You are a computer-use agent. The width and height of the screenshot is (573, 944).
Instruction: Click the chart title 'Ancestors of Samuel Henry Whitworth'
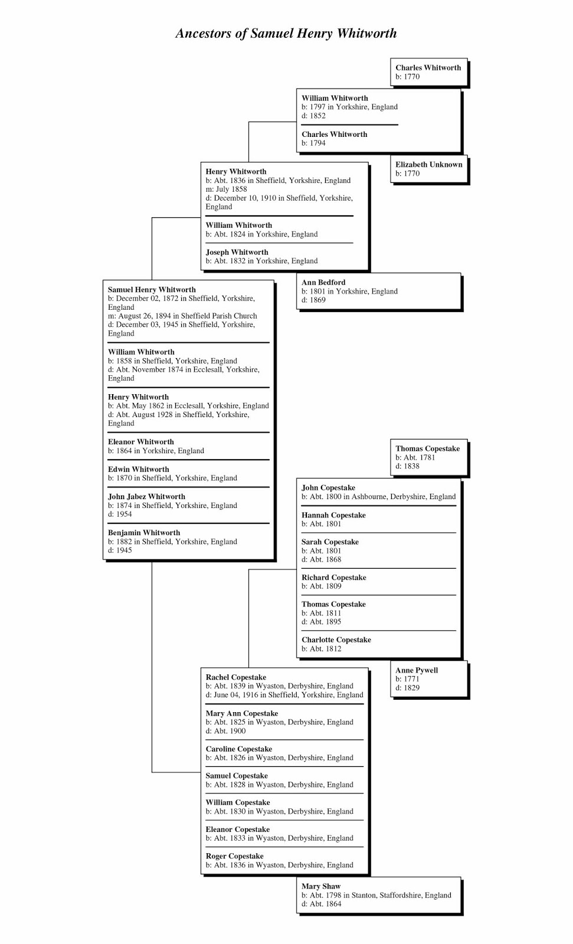click(x=286, y=33)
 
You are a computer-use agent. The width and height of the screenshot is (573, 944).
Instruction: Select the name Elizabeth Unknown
click(x=428, y=165)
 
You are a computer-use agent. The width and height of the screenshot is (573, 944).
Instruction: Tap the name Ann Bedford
click(x=323, y=283)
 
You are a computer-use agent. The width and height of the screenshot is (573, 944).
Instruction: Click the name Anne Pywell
click(x=417, y=670)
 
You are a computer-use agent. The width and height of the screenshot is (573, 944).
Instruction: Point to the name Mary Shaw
click(x=321, y=886)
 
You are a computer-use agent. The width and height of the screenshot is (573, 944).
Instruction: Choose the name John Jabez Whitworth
click(x=146, y=497)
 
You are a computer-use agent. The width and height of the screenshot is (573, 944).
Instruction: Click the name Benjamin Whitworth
click(x=144, y=533)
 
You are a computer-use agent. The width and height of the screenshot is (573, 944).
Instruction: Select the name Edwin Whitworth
click(x=138, y=470)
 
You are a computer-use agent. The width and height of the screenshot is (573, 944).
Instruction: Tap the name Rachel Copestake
click(x=235, y=677)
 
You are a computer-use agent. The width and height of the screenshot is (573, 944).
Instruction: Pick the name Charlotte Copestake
click(x=336, y=640)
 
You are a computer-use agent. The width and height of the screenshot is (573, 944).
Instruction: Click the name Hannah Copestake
click(x=333, y=515)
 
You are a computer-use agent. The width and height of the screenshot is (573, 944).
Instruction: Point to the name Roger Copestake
click(x=234, y=856)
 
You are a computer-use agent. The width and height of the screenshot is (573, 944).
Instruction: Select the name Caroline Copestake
click(x=239, y=749)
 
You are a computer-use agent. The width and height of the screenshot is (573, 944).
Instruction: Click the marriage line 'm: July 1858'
click(x=226, y=189)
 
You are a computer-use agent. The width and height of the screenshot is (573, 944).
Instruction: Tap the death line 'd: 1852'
click(x=313, y=116)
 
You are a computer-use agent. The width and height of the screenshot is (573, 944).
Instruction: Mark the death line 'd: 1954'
click(x=120, y=514)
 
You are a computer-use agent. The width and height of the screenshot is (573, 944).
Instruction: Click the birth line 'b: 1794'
click(x=313, y=143)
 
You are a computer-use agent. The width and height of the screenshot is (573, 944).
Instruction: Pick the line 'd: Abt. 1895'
click(x=321, y=622)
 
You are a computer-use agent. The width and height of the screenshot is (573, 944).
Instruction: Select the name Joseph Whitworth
click(x=237, y=253)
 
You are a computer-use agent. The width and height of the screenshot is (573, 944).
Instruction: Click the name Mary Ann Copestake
click(x=242, y=713)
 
